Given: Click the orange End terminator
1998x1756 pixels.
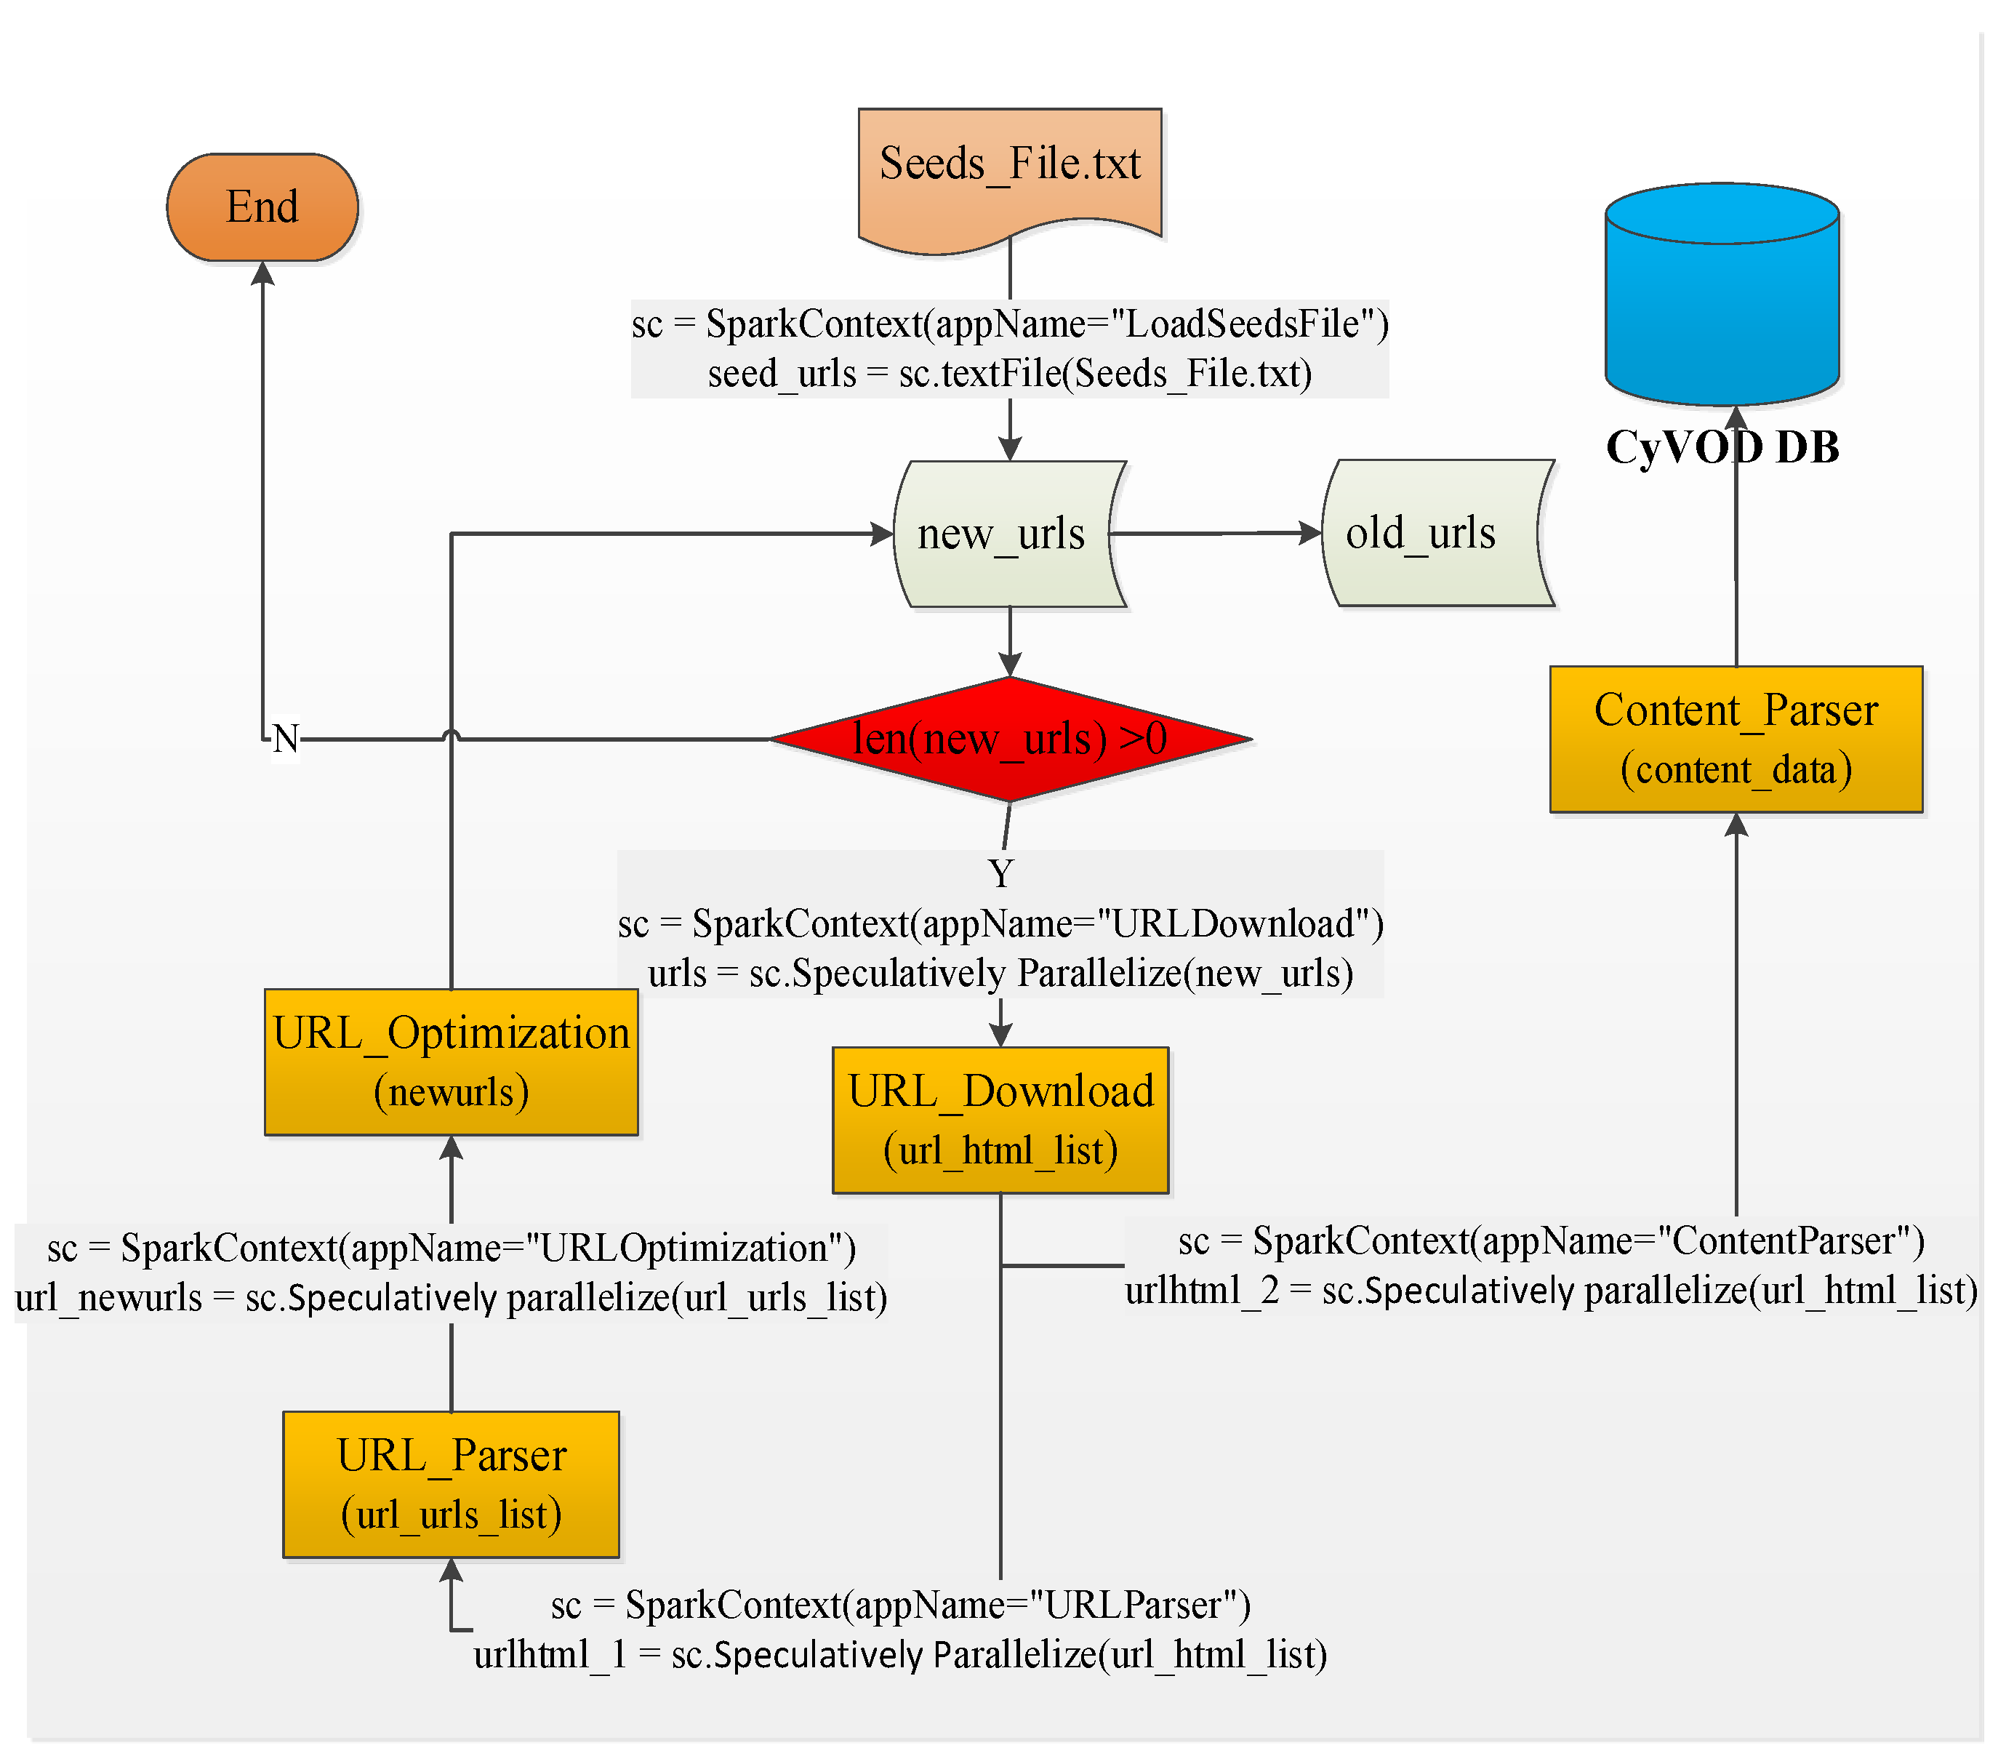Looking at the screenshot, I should click(x=262, y=207).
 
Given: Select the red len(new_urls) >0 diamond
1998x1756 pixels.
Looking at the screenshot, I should click(x=1010, y=739).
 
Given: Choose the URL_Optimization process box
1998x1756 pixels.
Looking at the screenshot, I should click(x=451, y=1062).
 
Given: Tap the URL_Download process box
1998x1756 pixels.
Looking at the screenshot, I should click(x=1000, y=1120).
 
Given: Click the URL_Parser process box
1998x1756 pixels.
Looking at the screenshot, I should click(x=451, y=1484).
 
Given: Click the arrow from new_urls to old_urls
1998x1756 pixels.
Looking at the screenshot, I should click(x=1217, y=534).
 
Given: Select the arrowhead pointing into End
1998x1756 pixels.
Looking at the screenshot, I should click(x=262, y=274).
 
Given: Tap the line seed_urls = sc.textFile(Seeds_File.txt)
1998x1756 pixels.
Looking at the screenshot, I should click(x=1010, y=374).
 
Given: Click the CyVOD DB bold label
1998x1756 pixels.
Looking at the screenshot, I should click(x=1722, y=448).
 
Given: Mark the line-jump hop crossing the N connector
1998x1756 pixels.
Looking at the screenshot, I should click(x=451, y=734).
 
